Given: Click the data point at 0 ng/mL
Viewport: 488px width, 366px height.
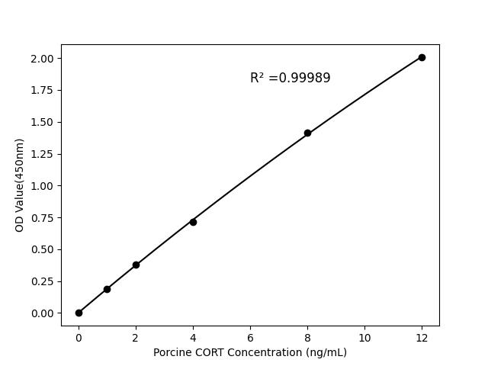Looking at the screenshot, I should tap(79, 313).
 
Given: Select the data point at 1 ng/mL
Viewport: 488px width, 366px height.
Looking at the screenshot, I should tap(107, 289).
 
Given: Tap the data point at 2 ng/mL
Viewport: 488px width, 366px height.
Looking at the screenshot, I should tap(136, 265).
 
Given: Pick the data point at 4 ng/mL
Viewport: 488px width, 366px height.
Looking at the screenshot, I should tap(193, 222).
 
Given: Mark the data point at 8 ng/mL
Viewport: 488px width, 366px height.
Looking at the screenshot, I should tap(307, 133).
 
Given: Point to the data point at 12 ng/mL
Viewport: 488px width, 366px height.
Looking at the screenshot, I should tap(422, 57).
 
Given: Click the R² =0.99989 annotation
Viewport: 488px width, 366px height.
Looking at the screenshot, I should tap(290, 78).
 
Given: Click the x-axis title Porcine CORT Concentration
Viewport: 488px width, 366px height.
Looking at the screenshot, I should tap(249, 352).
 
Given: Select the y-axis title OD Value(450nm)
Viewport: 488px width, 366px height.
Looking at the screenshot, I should tap(20, 185).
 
